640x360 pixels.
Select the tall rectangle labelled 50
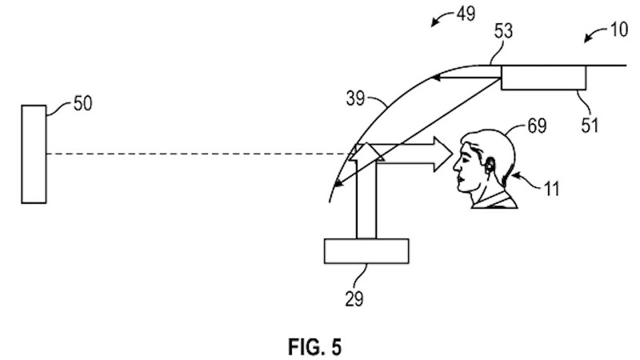coord(34,154)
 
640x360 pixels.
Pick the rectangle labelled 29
coord(366,250)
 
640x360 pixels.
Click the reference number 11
coord(550,189)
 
